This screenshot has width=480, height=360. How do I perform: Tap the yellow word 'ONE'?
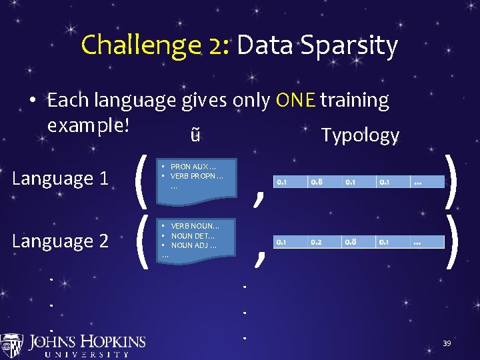coord(295,100)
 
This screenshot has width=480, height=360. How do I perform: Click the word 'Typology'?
coord(360,135)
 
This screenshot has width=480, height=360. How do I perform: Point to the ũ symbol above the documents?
coord(194,135)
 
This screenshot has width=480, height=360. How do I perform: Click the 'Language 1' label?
coord(61,179)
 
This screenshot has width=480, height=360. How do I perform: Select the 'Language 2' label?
coord(61,241)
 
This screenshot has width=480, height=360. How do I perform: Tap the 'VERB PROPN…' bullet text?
coord(197,177)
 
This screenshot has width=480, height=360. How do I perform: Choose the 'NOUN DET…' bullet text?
coord(193,236)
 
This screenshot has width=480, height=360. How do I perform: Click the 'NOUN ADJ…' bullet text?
coord(193,245)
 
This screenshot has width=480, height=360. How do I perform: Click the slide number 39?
coord(447,343)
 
